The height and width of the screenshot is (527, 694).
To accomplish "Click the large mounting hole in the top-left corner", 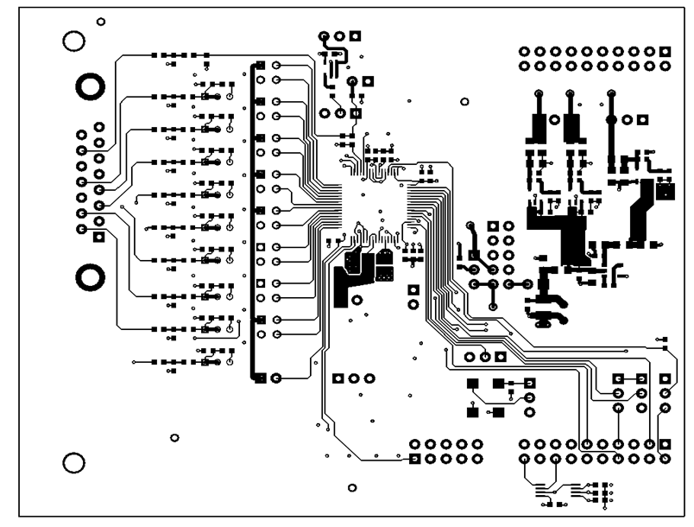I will [x=75, y=41].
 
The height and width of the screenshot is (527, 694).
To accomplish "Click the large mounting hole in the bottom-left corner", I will [x=75, y=462].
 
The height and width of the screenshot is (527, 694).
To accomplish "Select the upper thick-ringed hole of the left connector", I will [x=90, y=86].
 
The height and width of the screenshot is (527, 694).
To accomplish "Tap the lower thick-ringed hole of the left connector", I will [x=90, y=276].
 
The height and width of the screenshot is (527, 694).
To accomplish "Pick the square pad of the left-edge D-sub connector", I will [x=99, y=236].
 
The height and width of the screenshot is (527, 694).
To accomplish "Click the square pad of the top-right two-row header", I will [x=665, y=52].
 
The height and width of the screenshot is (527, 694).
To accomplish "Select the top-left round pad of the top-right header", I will [x=524, y=52].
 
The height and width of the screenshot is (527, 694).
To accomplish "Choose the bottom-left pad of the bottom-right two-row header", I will [x=524, y=459].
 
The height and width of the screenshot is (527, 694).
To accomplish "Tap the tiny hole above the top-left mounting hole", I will [x=102, y=20].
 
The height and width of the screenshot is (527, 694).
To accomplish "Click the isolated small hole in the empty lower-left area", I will [x=174, y=437].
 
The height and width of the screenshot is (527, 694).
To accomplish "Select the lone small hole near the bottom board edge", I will [x=351, y=487].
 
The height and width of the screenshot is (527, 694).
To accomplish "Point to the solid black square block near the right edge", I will [x=665, y=190].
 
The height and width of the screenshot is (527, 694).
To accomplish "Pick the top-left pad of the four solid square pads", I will [x=472, y=383].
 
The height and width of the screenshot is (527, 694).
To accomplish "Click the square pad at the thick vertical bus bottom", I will [x=260, y=378].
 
